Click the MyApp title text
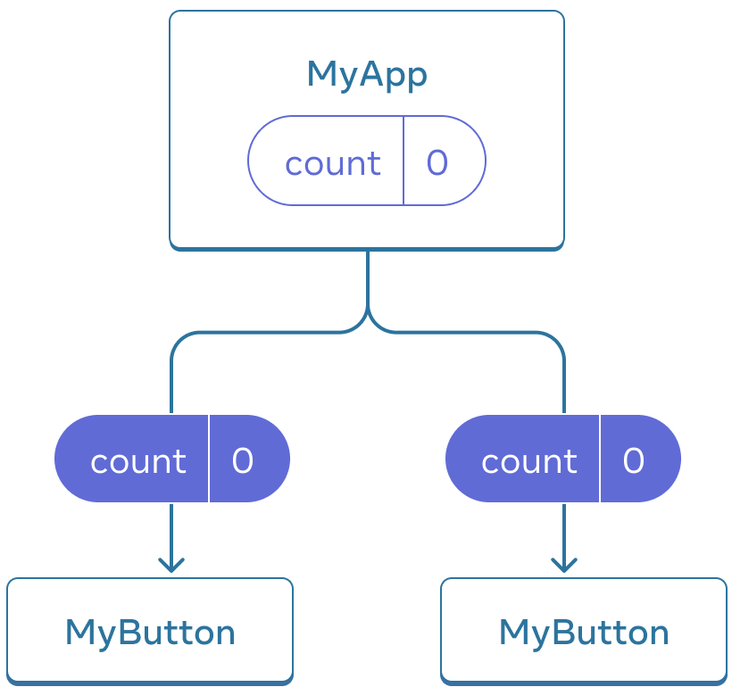tap(367, 74)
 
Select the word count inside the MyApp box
tap(332, 163)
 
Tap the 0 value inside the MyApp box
tap(437, 162)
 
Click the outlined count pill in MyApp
tap(367, 161)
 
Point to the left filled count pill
tap(172, 459)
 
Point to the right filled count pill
tap(563, 459)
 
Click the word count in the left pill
tap(138, 461)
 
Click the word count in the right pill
tap(529, 461)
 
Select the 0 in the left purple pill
tap(243, 460)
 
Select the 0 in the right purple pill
tap(634, 460)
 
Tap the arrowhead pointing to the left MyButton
tap(171, 565)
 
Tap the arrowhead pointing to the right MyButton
tap(563, 565)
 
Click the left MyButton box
tap(150, 630)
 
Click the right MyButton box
tap(584, 630)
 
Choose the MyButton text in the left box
tap(150, 633)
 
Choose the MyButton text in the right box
tap(584, 633)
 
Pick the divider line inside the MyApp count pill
tap(403, 161)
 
